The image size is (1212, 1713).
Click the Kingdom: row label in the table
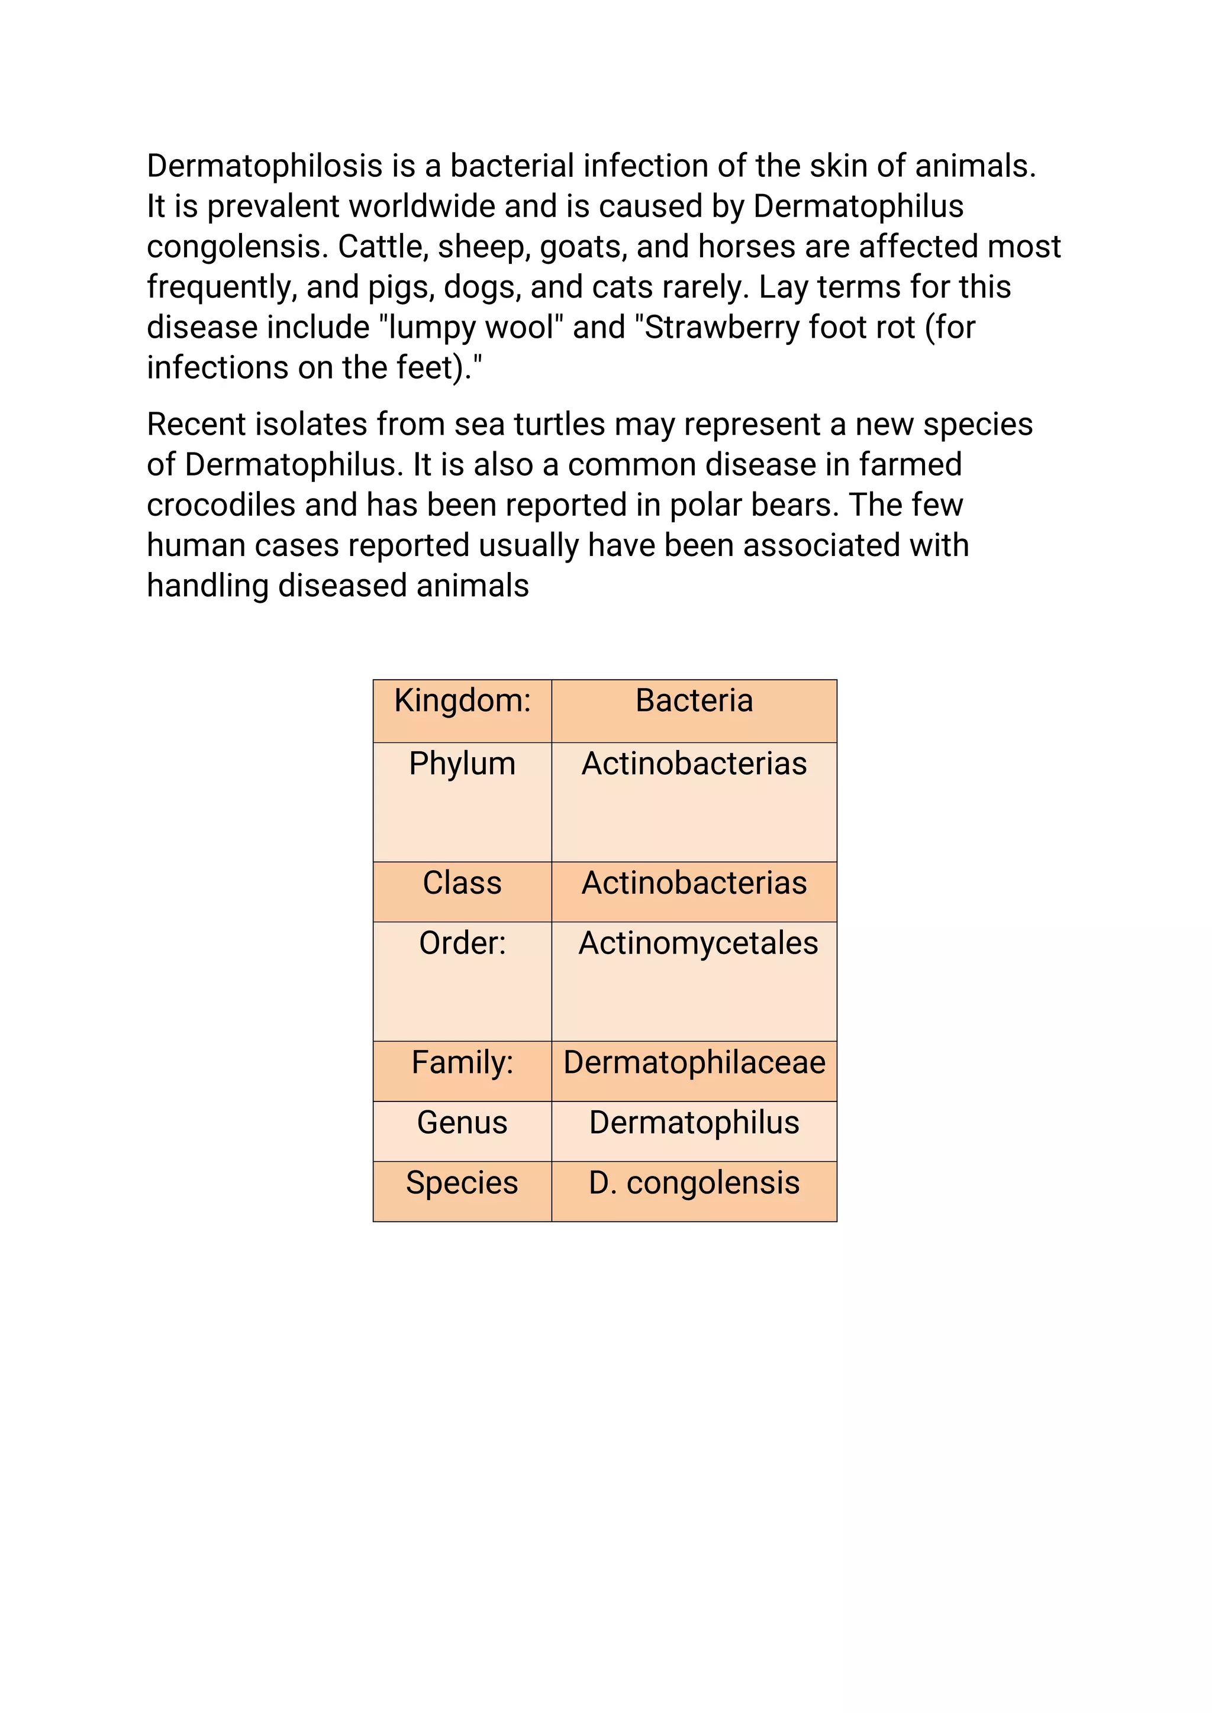pos(462,700)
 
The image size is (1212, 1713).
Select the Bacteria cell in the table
pos(694,700)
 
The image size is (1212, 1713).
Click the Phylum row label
pos(462,764)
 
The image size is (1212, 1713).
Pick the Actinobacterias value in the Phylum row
pos(694,764)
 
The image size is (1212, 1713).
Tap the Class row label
pos(462,883)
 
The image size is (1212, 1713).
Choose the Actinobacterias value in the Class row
pos(694,883)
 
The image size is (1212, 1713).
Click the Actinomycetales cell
pos(698,943)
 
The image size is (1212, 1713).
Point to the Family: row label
pos(462,1062)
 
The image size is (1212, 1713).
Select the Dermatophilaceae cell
pos(694,1062)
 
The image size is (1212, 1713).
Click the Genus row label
pos(462,1123)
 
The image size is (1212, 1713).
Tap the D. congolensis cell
pos(694,1183)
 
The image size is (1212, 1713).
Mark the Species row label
pos(462,1183)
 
